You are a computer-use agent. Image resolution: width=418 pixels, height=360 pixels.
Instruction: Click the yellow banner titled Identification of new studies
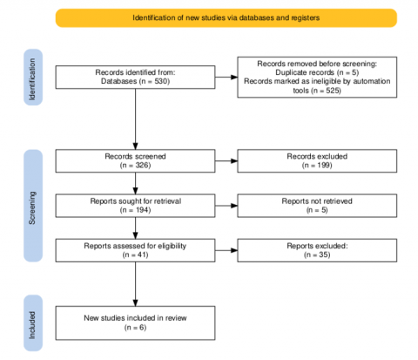pos(226,18)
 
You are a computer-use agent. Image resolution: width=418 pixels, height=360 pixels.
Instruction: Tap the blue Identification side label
pos(33,78)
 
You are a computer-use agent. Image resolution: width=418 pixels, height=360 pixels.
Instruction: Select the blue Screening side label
pos(33,206)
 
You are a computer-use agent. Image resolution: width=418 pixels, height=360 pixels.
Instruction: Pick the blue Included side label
pos(33,323)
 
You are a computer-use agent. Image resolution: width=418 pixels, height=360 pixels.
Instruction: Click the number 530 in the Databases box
pos(161,81)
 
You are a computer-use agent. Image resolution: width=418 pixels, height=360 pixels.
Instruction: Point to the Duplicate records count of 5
pos(354,72)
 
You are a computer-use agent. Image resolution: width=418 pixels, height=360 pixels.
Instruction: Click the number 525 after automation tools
pos(333,91)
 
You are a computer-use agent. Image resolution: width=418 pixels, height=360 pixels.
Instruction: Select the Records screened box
pos(135,161)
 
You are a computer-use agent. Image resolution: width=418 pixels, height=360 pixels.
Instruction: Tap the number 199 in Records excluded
pos(324,166)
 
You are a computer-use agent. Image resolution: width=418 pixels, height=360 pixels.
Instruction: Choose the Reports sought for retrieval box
pos(135,206)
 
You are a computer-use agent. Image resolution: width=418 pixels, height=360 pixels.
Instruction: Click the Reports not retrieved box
pos(317,206)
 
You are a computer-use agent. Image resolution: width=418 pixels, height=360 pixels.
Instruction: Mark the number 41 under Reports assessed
pos(142,255)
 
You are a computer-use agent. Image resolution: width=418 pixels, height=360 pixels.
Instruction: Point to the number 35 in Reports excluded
pos(324,255)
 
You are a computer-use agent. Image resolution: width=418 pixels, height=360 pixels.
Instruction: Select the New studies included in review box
pos(135,323)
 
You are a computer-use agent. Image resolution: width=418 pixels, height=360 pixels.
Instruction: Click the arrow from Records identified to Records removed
pos(226,77)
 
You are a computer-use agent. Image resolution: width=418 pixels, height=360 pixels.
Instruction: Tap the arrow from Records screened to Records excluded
pos(226,161)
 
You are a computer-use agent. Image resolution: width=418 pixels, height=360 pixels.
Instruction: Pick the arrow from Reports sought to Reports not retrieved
pos(226,206)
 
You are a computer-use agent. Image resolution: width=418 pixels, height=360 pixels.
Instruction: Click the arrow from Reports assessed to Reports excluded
pos(226,250)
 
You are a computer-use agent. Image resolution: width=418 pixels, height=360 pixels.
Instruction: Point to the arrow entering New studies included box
pos(135,284)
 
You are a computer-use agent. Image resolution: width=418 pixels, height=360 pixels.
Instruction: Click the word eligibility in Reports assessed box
pos(172,246)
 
